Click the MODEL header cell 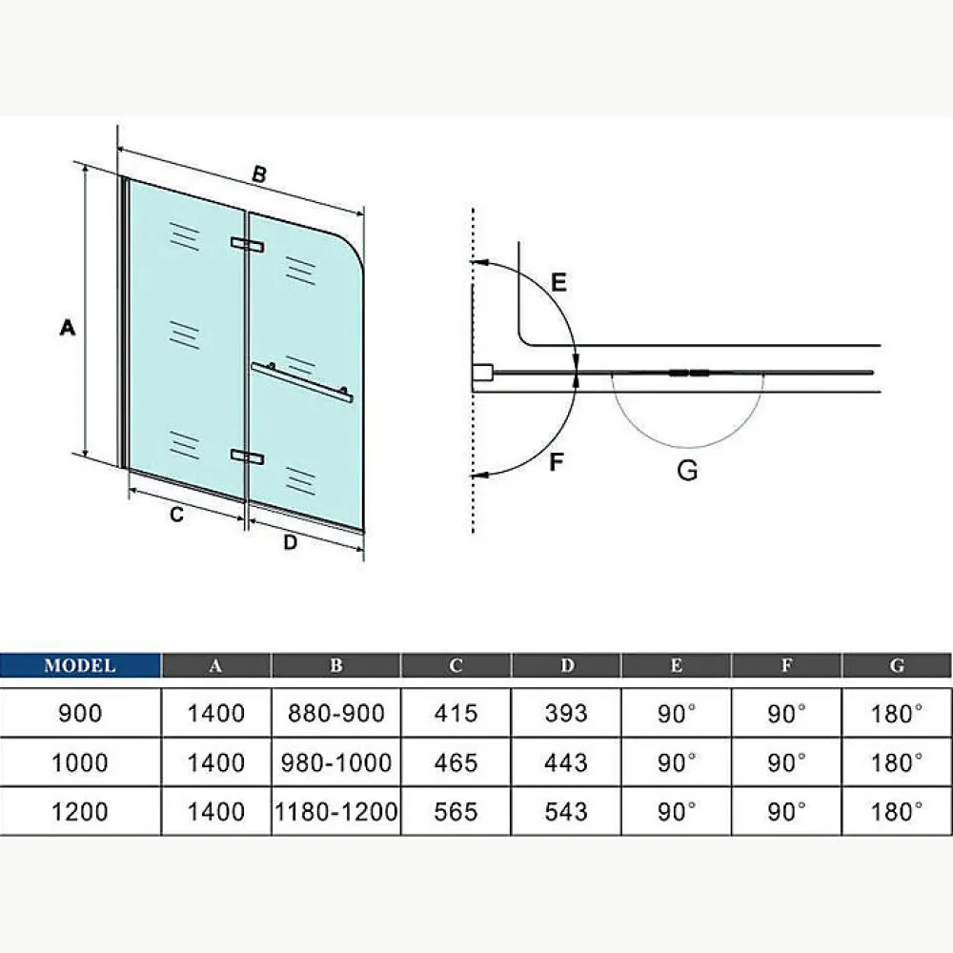pyautogui.click(x=80, y=665)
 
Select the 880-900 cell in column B pyautogui.click(x=336, y=713)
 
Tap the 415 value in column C pyautogui.click(x=456, y=713)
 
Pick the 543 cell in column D pyautogui.click(x=566, y=811)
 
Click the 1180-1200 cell pyautogui.click(x=336, y=811)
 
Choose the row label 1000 pyautogui.click(x=80, y=762)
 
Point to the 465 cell pyautogui.click(x=456, y=762)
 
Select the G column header pyautogui.click(x=897, y=665)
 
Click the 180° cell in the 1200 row pyautogui.click(x=897, y=811)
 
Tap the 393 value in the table pyautogui.click(x=566, y=713)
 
